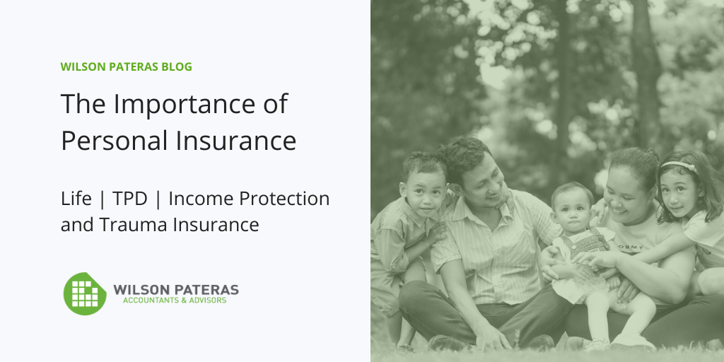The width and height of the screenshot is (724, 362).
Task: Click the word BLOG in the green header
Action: pyautogui.click(x=176, y=67)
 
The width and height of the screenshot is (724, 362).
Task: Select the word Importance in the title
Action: pyautogui.click(x=185, y=105)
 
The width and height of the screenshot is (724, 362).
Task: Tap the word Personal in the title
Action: pyautogui.click(x=115, y=141)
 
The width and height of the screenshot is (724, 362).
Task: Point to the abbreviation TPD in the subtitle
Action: pyautogui.click(x=130, y=199)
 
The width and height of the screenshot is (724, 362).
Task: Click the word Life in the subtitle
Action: pyautogui.click(x=76, y=199)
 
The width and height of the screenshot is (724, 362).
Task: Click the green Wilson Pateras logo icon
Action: pyautogui.click(x=85, y=293)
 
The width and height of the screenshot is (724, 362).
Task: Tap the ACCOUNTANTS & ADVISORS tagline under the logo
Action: pyautogui.click(x=175, y=300)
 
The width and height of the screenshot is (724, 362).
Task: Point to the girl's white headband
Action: pyautogui.click(x=679, y=165)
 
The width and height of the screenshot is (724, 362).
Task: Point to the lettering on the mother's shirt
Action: pyautogui.click(x=630, y=246)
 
